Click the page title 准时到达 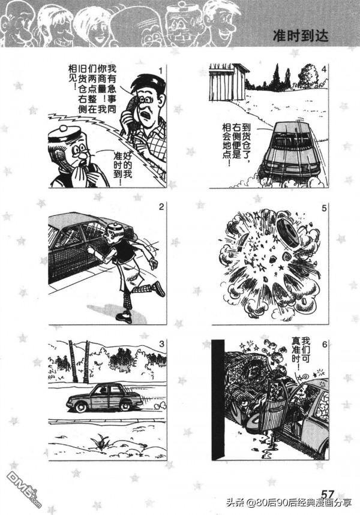tap(301, 35)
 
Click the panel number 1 tap(160, 70)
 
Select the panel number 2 tap(161, 207)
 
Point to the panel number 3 tap(161, 344)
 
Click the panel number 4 tap(324, 70)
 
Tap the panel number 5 tap(324, 208)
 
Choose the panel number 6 tap(325, 345)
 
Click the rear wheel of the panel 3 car tap(125, 406)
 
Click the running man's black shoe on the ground tap(124, 317)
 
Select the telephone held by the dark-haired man tap(129, 112)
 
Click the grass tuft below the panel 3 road tap(100, 442)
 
